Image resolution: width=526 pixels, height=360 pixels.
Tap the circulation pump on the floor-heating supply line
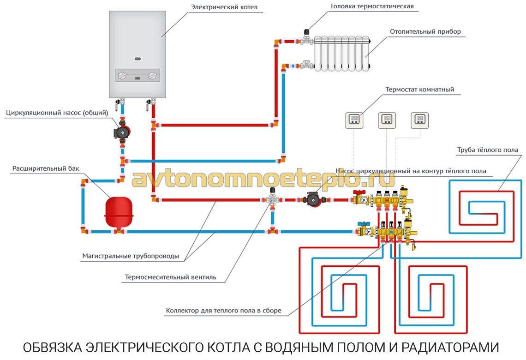click(313, 199)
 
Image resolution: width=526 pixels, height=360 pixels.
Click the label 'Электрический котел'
click(224, 7)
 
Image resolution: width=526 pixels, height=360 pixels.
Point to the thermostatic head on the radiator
click(307, 33)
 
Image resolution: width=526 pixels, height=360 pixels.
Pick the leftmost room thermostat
click(354, 120)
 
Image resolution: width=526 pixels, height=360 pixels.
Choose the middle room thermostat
click(387, 120)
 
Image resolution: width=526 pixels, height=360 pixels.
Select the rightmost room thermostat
click(420, 120)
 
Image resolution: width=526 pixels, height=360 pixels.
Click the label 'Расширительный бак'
click(46, 168)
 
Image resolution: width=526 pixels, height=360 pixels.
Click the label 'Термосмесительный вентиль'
click(170, 277)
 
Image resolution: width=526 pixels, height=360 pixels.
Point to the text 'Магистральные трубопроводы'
click(131, 256)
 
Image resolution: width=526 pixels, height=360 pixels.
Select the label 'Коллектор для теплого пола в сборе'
click(223, 311)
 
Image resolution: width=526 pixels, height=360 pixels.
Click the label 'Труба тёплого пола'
click(487, 150)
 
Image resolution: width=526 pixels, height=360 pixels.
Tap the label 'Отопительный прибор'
click(425, 31)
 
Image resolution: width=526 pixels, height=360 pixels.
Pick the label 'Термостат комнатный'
click(419, 90)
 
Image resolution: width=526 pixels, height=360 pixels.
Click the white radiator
click(342, 54)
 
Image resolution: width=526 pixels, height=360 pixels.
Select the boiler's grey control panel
click(137, 76)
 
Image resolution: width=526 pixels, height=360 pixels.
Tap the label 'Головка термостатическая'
click(372, 6)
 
